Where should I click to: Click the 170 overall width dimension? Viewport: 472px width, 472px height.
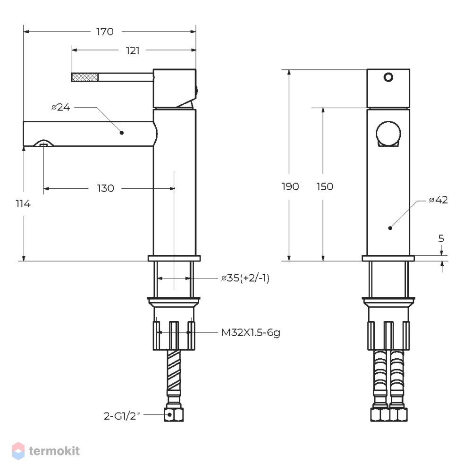click(105, 32)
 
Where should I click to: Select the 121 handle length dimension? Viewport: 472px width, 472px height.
click(133, 51)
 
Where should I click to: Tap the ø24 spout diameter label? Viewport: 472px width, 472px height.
click(61, 107)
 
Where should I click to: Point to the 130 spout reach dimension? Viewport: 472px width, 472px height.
click(105, 188)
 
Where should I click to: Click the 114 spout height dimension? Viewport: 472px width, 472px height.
click(23, 204)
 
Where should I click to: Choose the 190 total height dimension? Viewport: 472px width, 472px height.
click(290, 186)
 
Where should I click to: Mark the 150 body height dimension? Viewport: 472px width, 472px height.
click(325, 186)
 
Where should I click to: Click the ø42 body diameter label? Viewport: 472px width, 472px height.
click(438, 200)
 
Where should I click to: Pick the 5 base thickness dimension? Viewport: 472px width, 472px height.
click(441, 238)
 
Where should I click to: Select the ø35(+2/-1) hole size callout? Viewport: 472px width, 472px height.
click(245, 278)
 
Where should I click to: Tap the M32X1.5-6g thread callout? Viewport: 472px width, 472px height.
click(251, 333)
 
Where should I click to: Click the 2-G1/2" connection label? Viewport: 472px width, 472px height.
click(122, 416)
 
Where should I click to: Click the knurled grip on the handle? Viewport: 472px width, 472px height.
click(85, 77)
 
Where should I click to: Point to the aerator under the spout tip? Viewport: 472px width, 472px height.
click(43, 143)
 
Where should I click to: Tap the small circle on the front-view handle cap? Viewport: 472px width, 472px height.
click(388, 77)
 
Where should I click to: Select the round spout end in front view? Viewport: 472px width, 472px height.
click(388, 134)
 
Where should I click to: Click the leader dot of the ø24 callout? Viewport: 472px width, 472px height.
click(122, 133)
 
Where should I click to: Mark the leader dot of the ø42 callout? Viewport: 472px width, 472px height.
click(390, 228)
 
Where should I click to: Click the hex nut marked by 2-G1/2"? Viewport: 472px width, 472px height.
click(174, 415)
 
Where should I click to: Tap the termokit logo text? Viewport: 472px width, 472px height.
click(54, 451)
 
